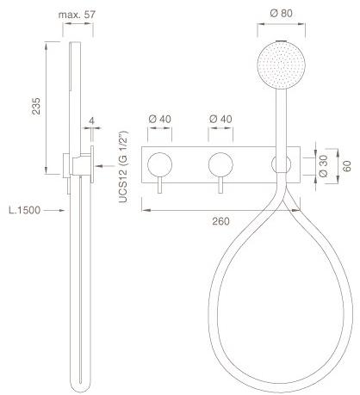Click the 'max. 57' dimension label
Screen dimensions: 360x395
[77, 15]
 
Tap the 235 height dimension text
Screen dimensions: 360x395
[36, 107]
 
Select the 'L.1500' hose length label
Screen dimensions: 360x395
[25, 210]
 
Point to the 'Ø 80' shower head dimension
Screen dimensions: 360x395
[281, 13]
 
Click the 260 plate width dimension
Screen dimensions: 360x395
[220, 221]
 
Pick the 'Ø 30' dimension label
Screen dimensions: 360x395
[323, 166]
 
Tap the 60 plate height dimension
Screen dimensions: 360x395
[347, 166]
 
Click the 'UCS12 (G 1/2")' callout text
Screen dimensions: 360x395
[123, 167]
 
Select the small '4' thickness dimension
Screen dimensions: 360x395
[91, 120]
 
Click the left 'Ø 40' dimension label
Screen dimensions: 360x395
[159, 119]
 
